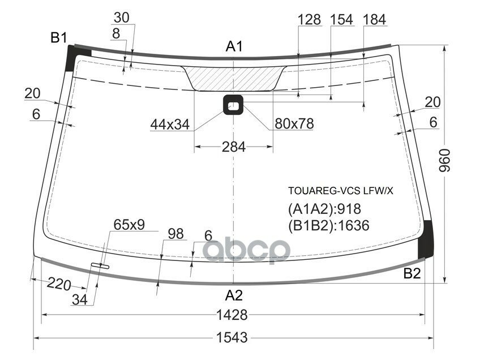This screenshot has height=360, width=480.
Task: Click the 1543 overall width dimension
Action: tap(232, 338)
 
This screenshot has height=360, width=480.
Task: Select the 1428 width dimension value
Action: tap(232, 315)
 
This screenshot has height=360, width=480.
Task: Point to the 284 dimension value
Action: tap(233, 147)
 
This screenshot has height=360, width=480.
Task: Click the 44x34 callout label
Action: tap(170, 124)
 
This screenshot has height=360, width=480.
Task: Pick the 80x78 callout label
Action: tap(294, 124)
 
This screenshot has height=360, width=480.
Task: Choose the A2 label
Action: tap(234, 295)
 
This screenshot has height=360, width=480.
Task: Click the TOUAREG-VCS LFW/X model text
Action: tap(340, 191)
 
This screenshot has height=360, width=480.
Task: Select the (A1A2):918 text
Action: tap(324, 208)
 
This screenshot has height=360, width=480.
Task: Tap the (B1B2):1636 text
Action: tap(328, 225)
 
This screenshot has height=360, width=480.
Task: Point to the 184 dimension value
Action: tap(374, 20)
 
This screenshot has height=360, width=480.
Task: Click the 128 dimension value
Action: tap(310, 20)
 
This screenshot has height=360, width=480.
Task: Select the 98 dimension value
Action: tap(176, 234)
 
